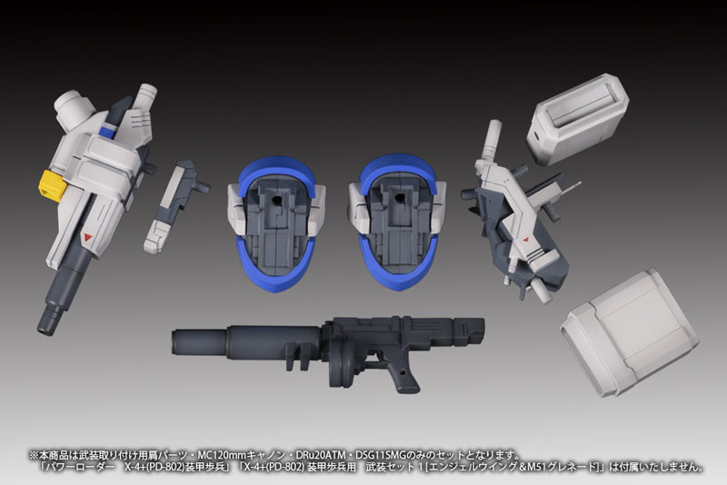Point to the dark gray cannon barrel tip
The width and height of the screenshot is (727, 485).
(x=46, y=322)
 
